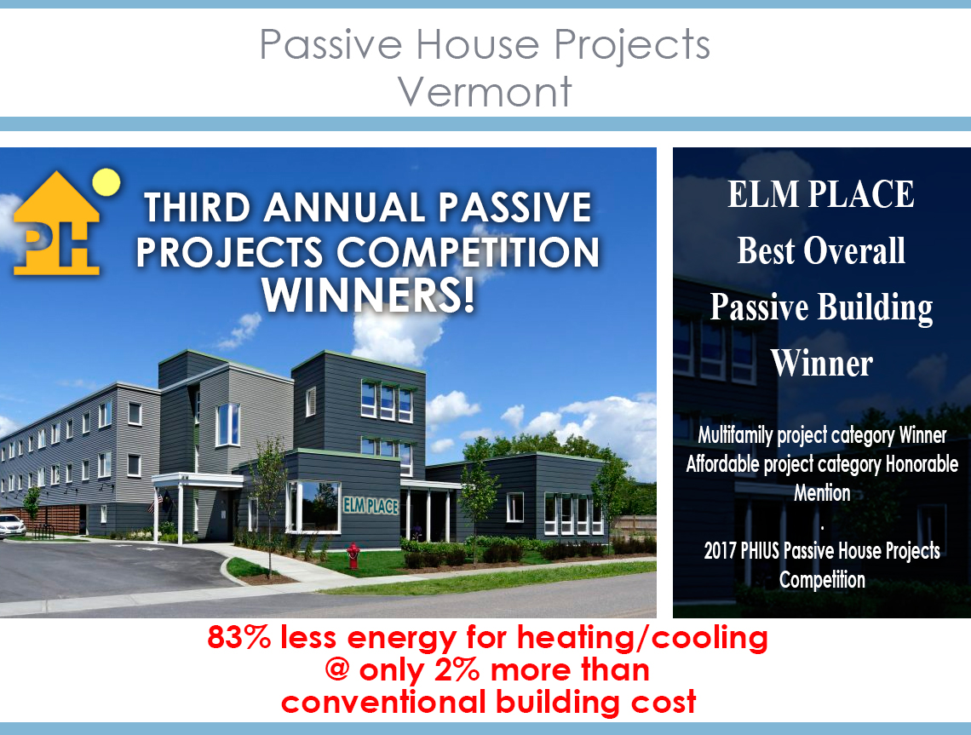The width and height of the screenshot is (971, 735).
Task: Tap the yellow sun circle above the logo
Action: click(106, 182)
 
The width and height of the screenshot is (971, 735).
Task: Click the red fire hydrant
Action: click(353, 554)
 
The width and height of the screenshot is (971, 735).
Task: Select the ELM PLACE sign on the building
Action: click(371, 506)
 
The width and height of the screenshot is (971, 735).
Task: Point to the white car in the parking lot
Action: click(12, 525)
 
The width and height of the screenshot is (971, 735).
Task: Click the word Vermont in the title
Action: click(485, 92)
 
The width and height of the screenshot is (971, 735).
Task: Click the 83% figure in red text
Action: click(238, 636)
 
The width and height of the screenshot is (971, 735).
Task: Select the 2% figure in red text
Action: click(457, 669)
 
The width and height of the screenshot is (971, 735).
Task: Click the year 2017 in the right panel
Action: click(719, 550)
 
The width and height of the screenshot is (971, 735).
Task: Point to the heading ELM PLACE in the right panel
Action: click(820, 194)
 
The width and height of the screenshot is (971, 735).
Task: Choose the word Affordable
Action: click(722, 464)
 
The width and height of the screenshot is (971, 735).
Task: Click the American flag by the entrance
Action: click(158, 499)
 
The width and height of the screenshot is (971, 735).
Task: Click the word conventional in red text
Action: click(383, 702)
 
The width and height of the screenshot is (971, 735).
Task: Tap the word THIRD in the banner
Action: click(197, 207)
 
